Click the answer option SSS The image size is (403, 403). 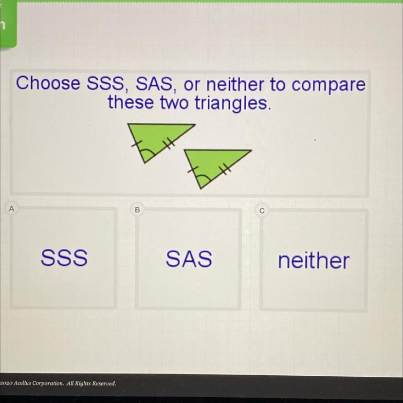tap(64, 257)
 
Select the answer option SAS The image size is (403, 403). tap(189, 258)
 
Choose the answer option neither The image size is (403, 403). tap(314, 260)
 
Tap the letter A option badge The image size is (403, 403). tap(11, 209)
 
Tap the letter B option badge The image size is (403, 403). tap(137, 210)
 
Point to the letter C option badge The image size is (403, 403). tap(262, 211)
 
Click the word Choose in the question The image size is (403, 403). tap(48, 83)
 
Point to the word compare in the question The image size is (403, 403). tap(328, 85)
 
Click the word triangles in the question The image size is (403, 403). tap(233, 103)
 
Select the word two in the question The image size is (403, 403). tap(174, 103)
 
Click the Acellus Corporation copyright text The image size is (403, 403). tap(58, 383)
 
